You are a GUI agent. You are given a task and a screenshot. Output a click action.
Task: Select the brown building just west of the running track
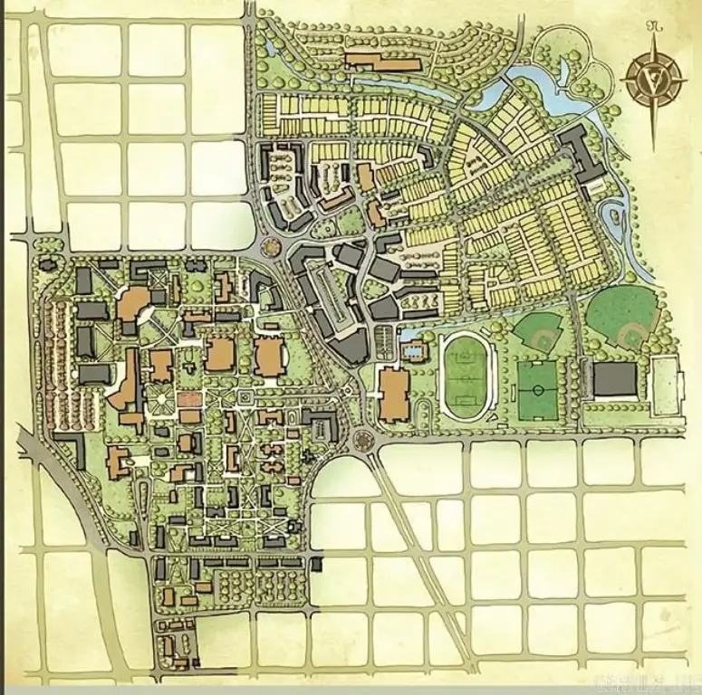pos(394,395)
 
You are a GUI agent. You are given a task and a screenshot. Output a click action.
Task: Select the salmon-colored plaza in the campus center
pos(189,400)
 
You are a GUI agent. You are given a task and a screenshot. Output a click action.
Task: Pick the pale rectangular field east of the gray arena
pos(667,387)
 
